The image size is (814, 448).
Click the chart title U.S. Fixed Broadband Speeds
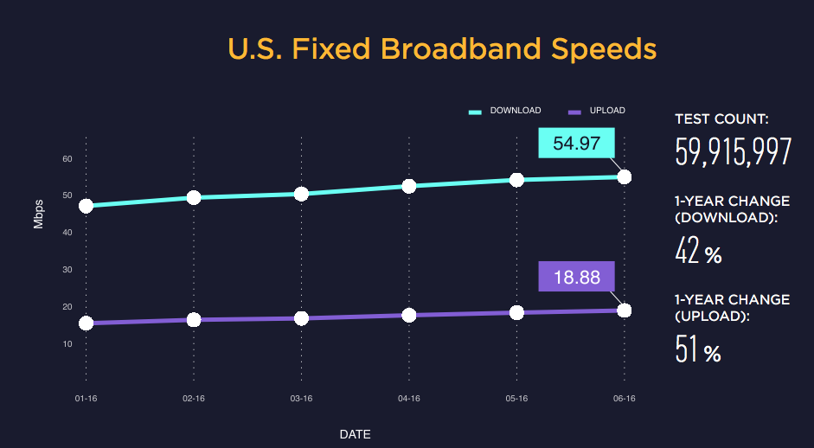[442, 49]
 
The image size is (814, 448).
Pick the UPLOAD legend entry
[596, 111]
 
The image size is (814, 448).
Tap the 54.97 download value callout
[576, 144]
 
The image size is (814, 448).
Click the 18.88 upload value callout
[576, 277]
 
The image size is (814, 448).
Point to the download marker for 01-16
[86, 206]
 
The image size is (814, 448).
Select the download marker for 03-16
[301, 194]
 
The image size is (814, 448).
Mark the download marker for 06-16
[625, 176]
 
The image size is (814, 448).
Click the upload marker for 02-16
[194, 320]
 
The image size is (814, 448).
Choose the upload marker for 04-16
[409, 315]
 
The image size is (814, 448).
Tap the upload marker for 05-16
[516, 312]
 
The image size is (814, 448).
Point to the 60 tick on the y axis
[67, 159]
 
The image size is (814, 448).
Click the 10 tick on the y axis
[67, 344]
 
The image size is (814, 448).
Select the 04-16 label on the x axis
[409, 399]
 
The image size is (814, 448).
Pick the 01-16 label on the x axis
[86, 399]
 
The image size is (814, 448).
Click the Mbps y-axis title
[39, 214]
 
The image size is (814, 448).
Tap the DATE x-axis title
[355, 434]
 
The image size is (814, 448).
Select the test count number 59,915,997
[733, 152]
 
